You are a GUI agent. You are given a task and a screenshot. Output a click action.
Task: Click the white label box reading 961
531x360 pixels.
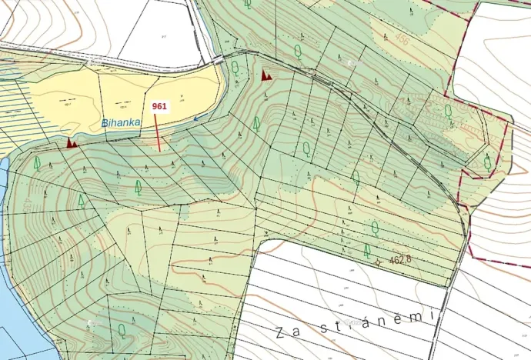(160, 107)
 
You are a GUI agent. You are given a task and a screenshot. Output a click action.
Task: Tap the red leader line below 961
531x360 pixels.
(159, 134)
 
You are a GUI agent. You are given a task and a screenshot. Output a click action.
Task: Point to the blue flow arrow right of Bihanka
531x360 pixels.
(201, 118)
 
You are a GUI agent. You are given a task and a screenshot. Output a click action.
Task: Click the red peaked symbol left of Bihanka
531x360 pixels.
(72, 142)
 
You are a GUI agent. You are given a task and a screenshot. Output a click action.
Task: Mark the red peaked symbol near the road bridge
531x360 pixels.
(266, 75)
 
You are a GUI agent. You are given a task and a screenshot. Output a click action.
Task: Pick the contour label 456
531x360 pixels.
(401, 41)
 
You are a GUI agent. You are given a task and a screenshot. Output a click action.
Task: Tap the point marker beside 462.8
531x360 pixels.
(377, 262)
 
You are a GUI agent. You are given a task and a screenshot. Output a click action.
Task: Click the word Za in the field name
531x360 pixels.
(286, 332)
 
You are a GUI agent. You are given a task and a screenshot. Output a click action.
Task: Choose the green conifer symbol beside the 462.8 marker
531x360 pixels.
(367, 250)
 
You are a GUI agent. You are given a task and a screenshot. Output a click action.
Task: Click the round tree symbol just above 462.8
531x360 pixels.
(375, 227)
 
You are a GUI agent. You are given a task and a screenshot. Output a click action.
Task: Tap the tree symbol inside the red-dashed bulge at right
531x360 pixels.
(487, 162)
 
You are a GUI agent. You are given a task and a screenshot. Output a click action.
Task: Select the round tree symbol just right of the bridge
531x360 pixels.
(235, 68)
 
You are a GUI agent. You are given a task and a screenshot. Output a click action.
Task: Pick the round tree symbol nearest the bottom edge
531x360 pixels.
(122, 330)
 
